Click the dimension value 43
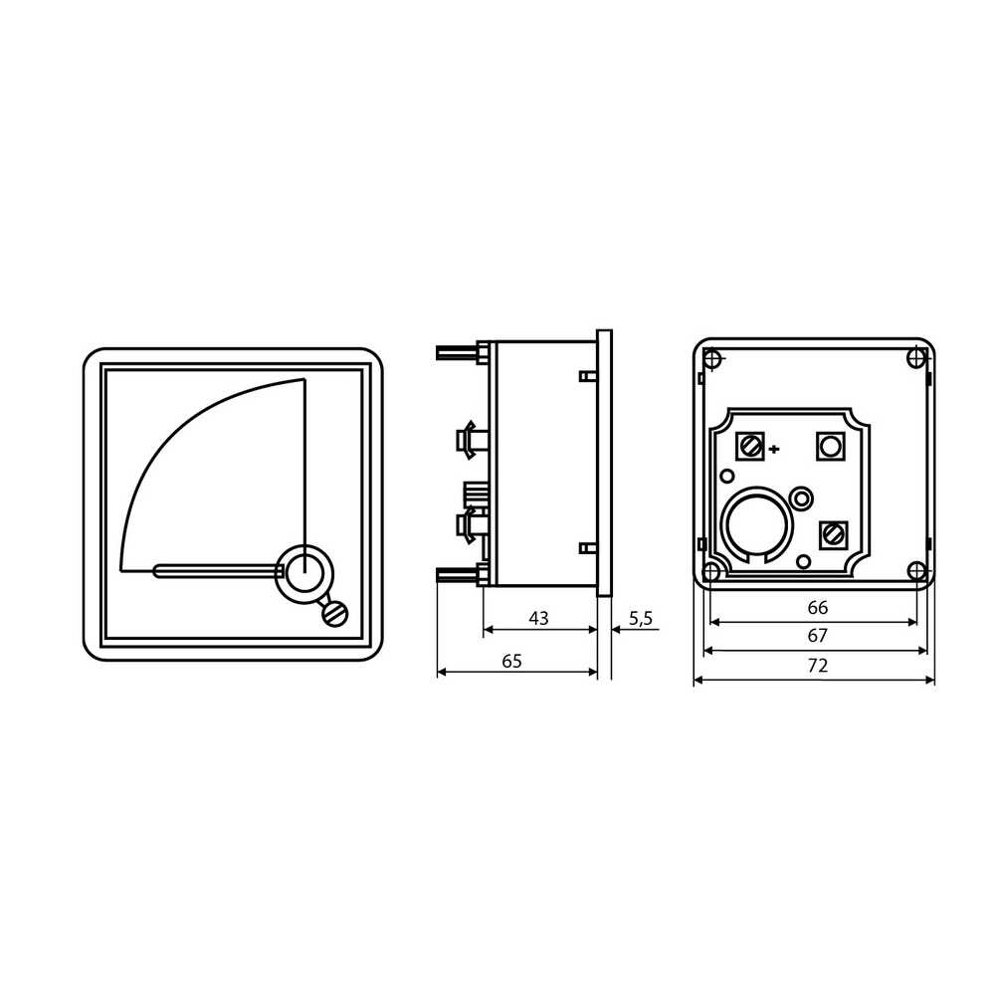538,618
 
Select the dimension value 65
511,662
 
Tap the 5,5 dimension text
640,619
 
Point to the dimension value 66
817,608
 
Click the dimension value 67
817,635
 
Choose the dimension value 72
817,666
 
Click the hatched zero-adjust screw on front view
335,614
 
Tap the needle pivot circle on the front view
304,573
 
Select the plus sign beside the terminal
774,450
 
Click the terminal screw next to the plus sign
750,446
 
